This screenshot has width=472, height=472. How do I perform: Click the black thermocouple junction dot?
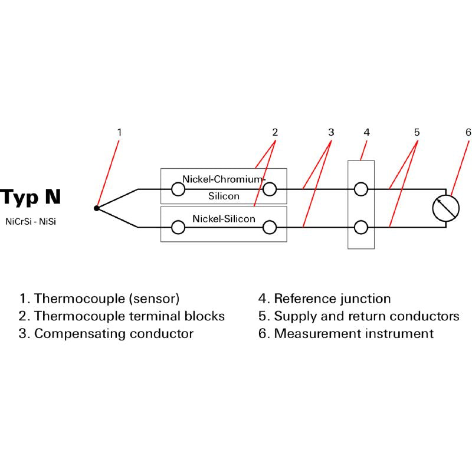tap(97, 208)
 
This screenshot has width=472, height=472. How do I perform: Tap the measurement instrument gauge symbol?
tap(445, 208)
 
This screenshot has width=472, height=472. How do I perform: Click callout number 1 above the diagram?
tap(119, 132)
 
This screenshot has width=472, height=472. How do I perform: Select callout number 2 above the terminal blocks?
tap(275, 132)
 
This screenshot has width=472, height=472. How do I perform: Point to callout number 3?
tap(331, 132)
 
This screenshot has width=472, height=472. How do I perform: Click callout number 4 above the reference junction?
tap(366, 132)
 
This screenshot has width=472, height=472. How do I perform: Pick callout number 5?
tap(417, 132)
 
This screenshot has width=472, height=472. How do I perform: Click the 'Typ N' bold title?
tap(30, 197)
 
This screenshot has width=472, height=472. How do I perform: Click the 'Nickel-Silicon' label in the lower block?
tap(224, 219)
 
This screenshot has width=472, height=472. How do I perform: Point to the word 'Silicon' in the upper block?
tap(224, 196)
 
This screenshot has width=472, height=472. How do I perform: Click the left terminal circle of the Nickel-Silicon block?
tap(178, 227)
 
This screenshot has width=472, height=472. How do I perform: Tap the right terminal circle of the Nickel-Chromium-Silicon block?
tap(270, 189)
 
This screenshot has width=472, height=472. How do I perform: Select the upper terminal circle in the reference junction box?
tap(361, 189)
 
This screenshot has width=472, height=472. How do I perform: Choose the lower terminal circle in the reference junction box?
tap(361, 227)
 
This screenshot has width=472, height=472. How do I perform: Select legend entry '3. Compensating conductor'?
tap(106, 333)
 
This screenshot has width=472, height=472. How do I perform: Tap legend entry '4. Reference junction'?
tap(324, 299)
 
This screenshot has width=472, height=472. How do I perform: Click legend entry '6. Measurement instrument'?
tap(346, 333)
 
